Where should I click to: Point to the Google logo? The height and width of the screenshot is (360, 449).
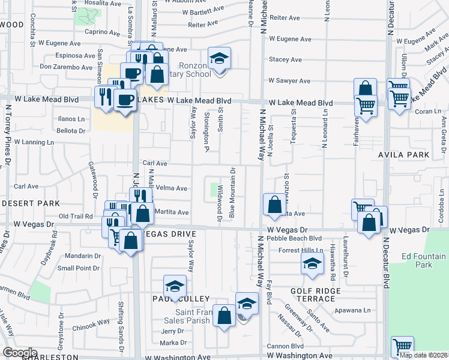(x=20, y=352)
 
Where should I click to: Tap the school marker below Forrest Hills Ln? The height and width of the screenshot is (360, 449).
(x=312, y=264)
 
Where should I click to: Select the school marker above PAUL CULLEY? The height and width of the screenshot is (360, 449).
(x=175, y=286)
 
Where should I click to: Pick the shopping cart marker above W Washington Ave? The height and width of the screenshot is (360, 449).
(x=402, y=346)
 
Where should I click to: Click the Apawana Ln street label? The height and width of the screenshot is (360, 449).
(x=364, y=310)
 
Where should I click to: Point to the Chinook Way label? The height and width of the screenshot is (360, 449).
(x=92, y=322)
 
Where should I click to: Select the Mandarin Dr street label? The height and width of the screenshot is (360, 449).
(x=84, y=256)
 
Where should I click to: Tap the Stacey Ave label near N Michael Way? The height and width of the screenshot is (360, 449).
(x=285, y=60)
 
